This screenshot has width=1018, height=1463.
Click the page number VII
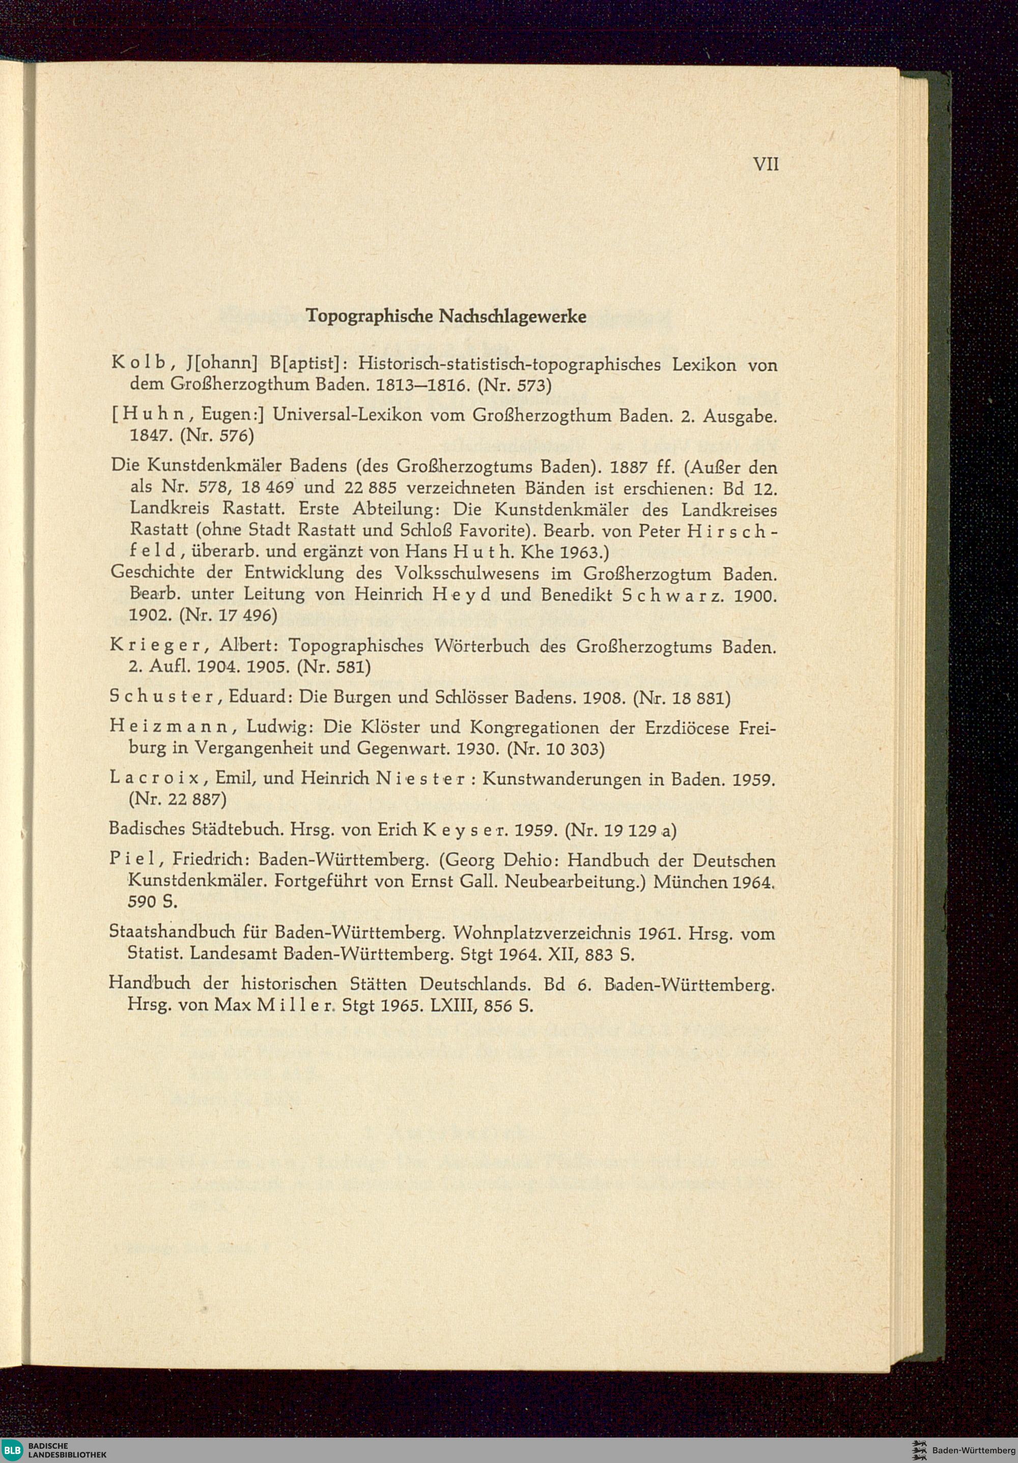coord(766,164)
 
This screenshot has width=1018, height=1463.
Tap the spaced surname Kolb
coord(138,364)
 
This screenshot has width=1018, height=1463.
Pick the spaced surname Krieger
coord(157,646)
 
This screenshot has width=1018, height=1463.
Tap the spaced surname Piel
coord(132,861)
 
